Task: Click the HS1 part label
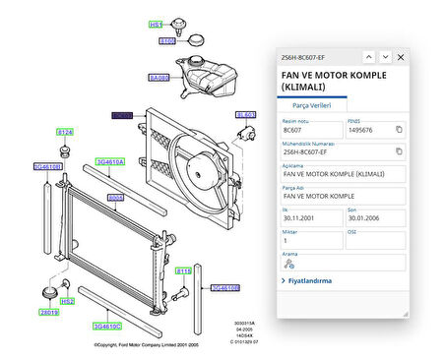tap(157, 24)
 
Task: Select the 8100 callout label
tap(167, 41)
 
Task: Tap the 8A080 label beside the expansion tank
tap(159, 76)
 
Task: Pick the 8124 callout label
tap(65, 131)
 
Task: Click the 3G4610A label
tap(108, 161)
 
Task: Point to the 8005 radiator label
tap(115, 197)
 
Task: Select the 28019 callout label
tap(49, 312)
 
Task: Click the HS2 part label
tap(67, 302)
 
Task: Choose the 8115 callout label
tap(183, 270)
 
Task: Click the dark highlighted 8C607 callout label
tap(122, 115)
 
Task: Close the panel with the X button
tap(402, 57)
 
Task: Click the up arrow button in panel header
tap(368, 57)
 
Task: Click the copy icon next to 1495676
tap(399, 130)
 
